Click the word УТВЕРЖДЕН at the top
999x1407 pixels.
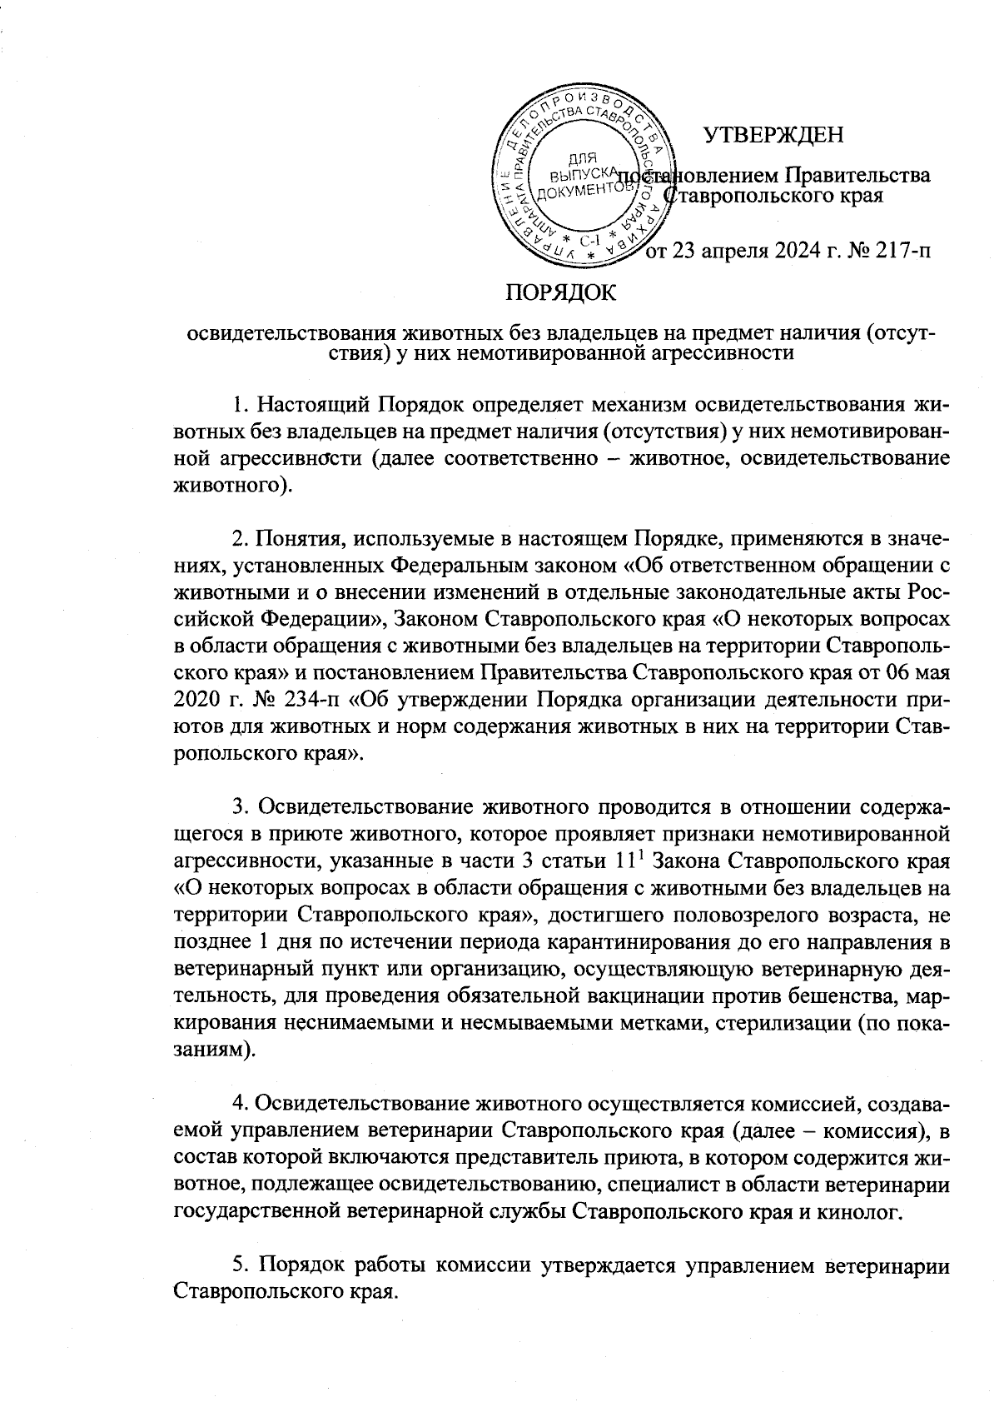click(774, 134)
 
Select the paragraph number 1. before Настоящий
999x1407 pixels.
click(241, 406)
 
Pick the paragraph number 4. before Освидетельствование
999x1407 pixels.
click(241, 1103)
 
